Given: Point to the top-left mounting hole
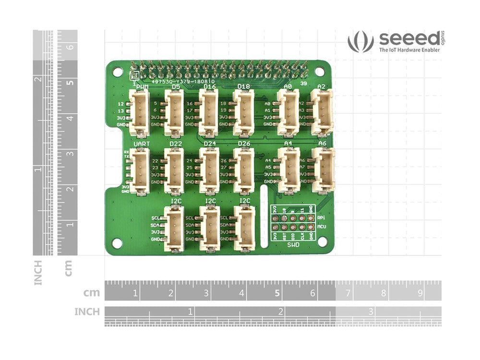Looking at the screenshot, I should click(x=117, y=72).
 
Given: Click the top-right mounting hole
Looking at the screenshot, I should click(x=320, y=72).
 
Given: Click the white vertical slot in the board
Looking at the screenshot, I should click(x=264, y=216).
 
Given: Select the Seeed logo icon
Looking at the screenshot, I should click(x=360, y=42).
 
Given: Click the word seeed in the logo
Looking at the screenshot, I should click(x=408, y=38).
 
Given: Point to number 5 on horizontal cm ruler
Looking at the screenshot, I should click(x=277, y=293).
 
